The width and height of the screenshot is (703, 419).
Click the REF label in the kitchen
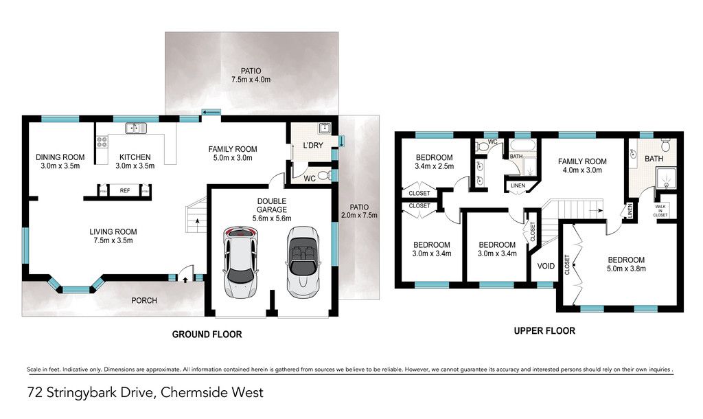125,191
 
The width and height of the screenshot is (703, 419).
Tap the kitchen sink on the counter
136,128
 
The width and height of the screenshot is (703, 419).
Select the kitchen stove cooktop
102,142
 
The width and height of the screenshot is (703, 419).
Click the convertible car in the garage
302,262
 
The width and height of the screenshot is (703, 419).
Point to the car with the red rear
241,262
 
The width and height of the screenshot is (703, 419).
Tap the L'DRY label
313,146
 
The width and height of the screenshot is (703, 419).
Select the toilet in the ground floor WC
325,175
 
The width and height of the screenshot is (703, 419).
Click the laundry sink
325,128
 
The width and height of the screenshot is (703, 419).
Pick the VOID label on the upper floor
546,266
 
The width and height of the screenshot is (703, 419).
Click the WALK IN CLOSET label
660,210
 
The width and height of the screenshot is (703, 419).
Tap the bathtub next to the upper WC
522,147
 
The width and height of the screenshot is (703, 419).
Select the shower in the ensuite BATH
666,178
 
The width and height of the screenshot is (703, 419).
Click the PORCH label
144,300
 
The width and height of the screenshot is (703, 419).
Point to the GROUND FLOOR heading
207,335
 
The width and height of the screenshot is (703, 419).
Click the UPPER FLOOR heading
544,331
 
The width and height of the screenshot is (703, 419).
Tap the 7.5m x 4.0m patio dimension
251,80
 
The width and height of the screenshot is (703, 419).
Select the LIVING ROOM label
113,231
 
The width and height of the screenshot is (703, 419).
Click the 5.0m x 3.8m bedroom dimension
626,269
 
